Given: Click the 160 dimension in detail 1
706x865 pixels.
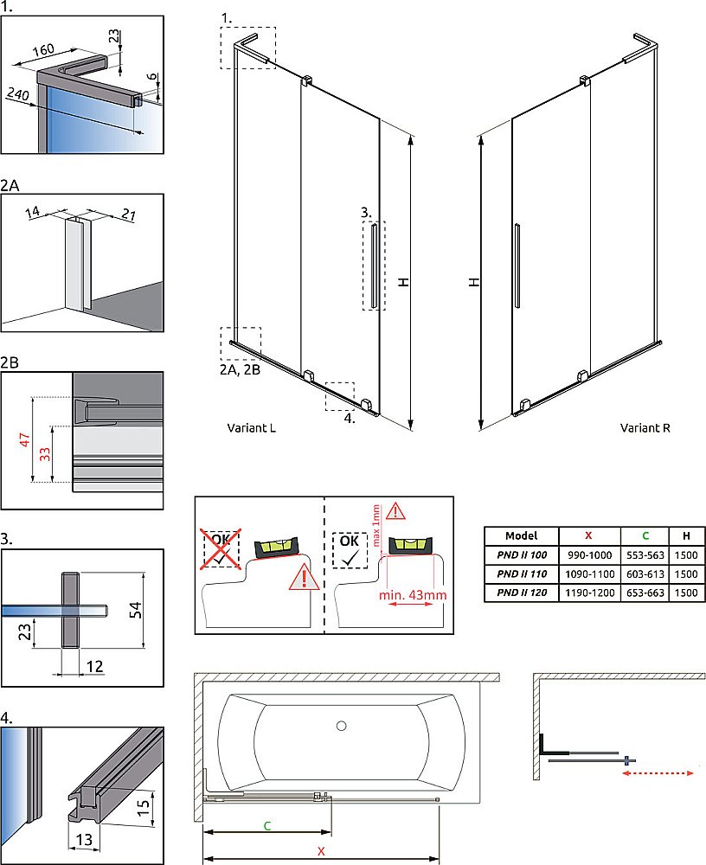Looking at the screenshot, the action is (x=43, y=50).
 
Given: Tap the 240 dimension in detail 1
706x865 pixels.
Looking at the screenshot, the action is (x=18, y=94).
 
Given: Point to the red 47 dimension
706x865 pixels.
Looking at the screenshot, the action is (x=25, y=439).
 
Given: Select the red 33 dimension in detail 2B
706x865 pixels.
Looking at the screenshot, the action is (x=45, y=453).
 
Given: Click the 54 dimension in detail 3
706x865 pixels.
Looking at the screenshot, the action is (x=135, y=610).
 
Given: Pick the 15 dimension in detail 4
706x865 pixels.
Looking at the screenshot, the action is (x=143, y=808).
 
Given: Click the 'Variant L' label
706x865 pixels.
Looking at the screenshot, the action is (x=251, y=428).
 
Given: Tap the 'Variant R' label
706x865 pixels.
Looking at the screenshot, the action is (x=645, y=428).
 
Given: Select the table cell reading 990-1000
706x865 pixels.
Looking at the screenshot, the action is (x=589, y=555).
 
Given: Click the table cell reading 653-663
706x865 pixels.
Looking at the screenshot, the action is (x=645, y=593).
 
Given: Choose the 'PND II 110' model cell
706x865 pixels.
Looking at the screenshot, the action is (x=522, y=573).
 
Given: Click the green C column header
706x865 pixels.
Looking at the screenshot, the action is (x=645, y=535).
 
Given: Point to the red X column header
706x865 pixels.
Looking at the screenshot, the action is (x=588, y=535).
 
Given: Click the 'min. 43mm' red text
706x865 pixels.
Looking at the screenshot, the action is (x=413, y=595).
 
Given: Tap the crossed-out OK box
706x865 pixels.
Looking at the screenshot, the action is (x=221, y=549).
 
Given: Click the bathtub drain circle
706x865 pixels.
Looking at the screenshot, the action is (x=341, y=726).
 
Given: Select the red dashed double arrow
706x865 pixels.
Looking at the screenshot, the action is (x=658, y=773).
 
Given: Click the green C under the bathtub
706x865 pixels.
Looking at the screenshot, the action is (x=267, y=826).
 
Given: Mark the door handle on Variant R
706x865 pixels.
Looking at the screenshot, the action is (x=517, y=266).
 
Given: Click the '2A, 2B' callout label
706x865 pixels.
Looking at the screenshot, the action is (x=241, y=369).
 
